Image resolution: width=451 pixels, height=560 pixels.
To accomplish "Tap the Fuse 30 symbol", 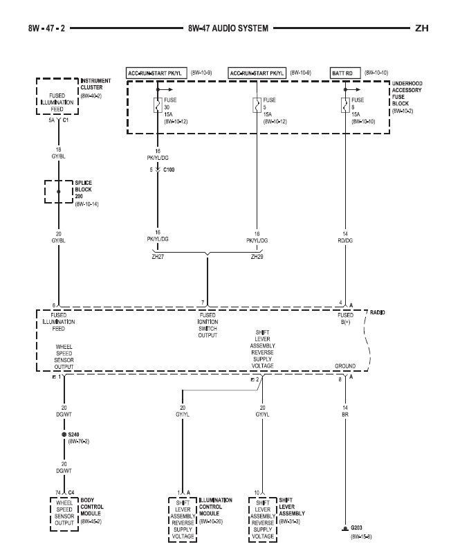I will [x=158, y=106].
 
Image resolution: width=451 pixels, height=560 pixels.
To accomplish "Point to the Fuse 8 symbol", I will [x=344, y=106].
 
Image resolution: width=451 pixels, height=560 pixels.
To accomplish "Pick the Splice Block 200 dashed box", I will [x=59, y=192].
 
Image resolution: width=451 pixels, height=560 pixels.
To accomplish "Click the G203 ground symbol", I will [x=344, y=530].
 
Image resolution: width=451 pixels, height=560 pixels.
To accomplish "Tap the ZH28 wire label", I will [x=257, y=256].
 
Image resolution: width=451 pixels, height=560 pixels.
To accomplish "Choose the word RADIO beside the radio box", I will [x=377, y=313].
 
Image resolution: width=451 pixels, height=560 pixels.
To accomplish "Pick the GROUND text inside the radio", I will [x=344, y=365].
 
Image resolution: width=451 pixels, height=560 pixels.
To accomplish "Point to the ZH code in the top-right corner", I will [x=422, y=30].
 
